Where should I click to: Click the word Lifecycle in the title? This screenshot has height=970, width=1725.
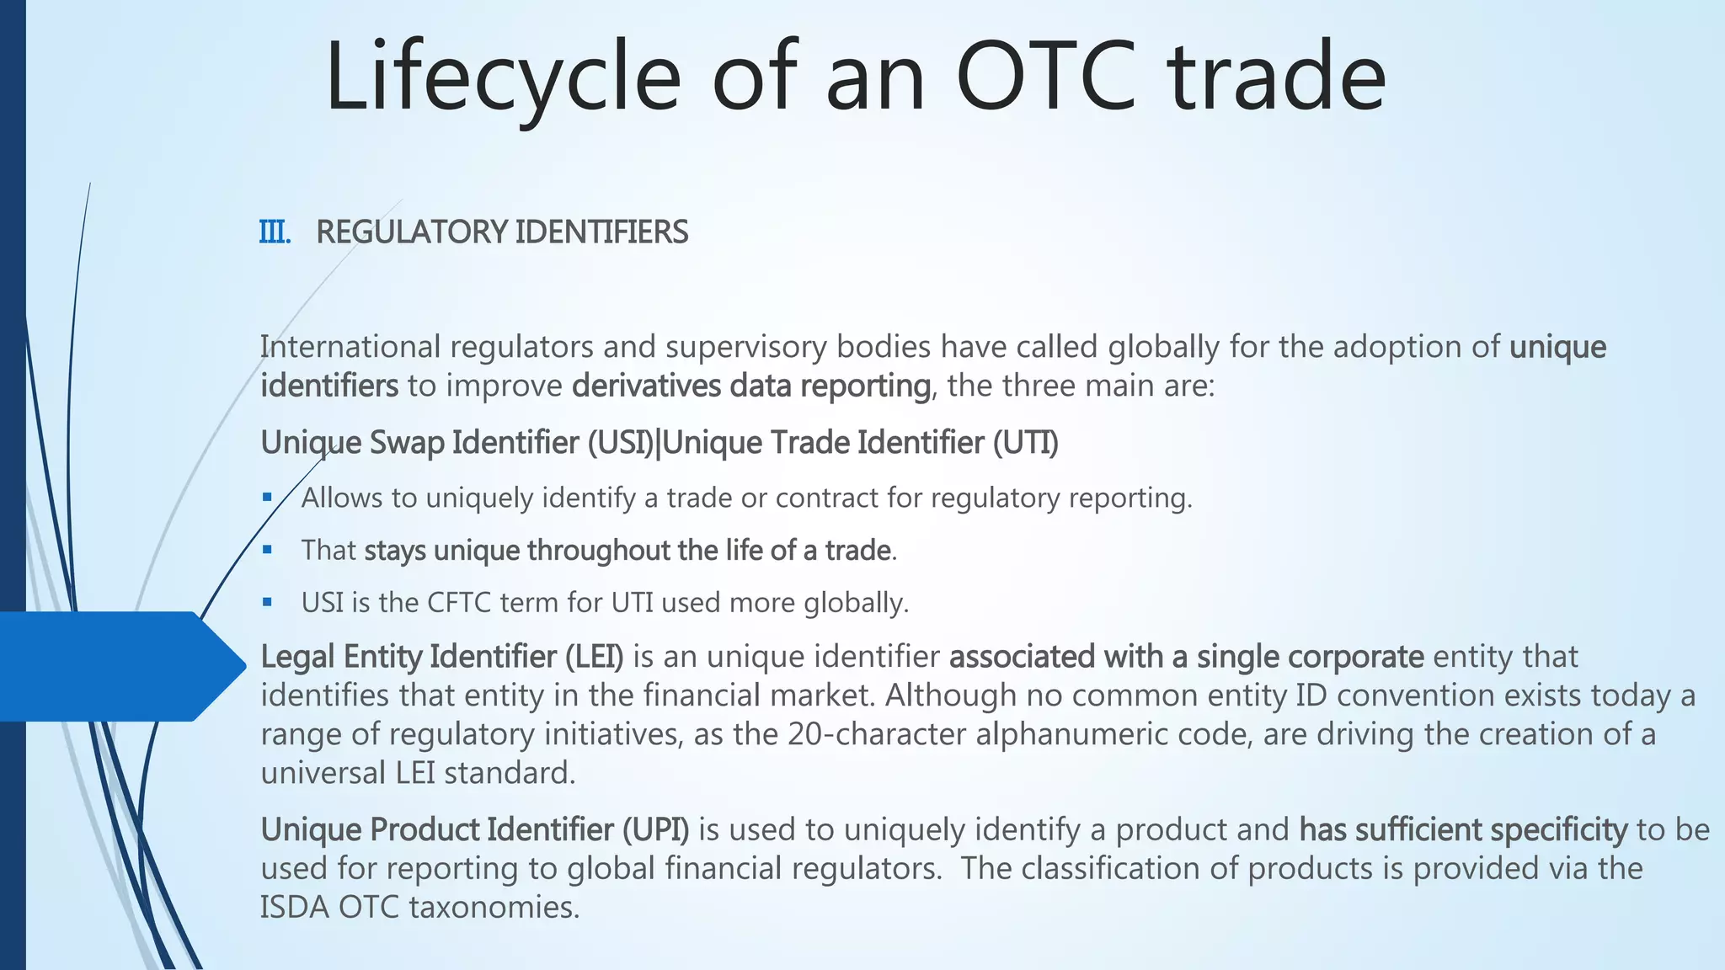[x=503, y=77]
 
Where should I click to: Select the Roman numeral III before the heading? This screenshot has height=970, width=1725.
[x=275, y=232]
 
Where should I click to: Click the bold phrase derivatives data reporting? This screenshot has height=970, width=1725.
[x=750, y=386]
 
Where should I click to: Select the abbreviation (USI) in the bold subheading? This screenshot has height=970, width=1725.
[x=622, y=443]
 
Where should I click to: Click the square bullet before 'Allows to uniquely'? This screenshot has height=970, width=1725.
[x=267, y=498]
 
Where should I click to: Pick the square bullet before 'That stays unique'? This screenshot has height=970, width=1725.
[x=267, y=550]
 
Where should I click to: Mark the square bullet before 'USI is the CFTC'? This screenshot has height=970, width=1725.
[x=267, y=602]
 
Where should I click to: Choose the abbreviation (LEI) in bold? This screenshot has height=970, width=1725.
[x=594, y=657]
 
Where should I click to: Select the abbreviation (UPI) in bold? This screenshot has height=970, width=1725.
[x=655, y=830]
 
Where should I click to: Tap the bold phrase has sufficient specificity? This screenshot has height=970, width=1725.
[x=1463, y=830]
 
